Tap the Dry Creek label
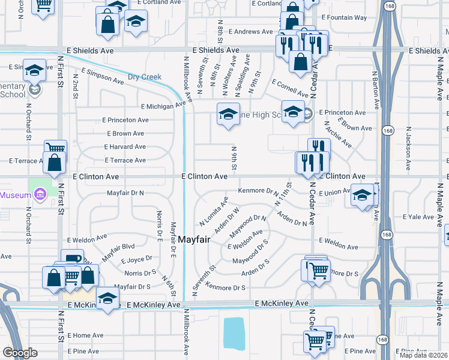coord(145,77)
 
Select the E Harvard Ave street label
coord(125,146)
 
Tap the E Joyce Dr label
coord(138,260)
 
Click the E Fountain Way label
coord(344,18)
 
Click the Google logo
coord(20,353)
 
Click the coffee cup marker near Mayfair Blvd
coord(73,259)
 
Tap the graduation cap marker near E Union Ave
coord(363,195)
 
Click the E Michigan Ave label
coord(163,106)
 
